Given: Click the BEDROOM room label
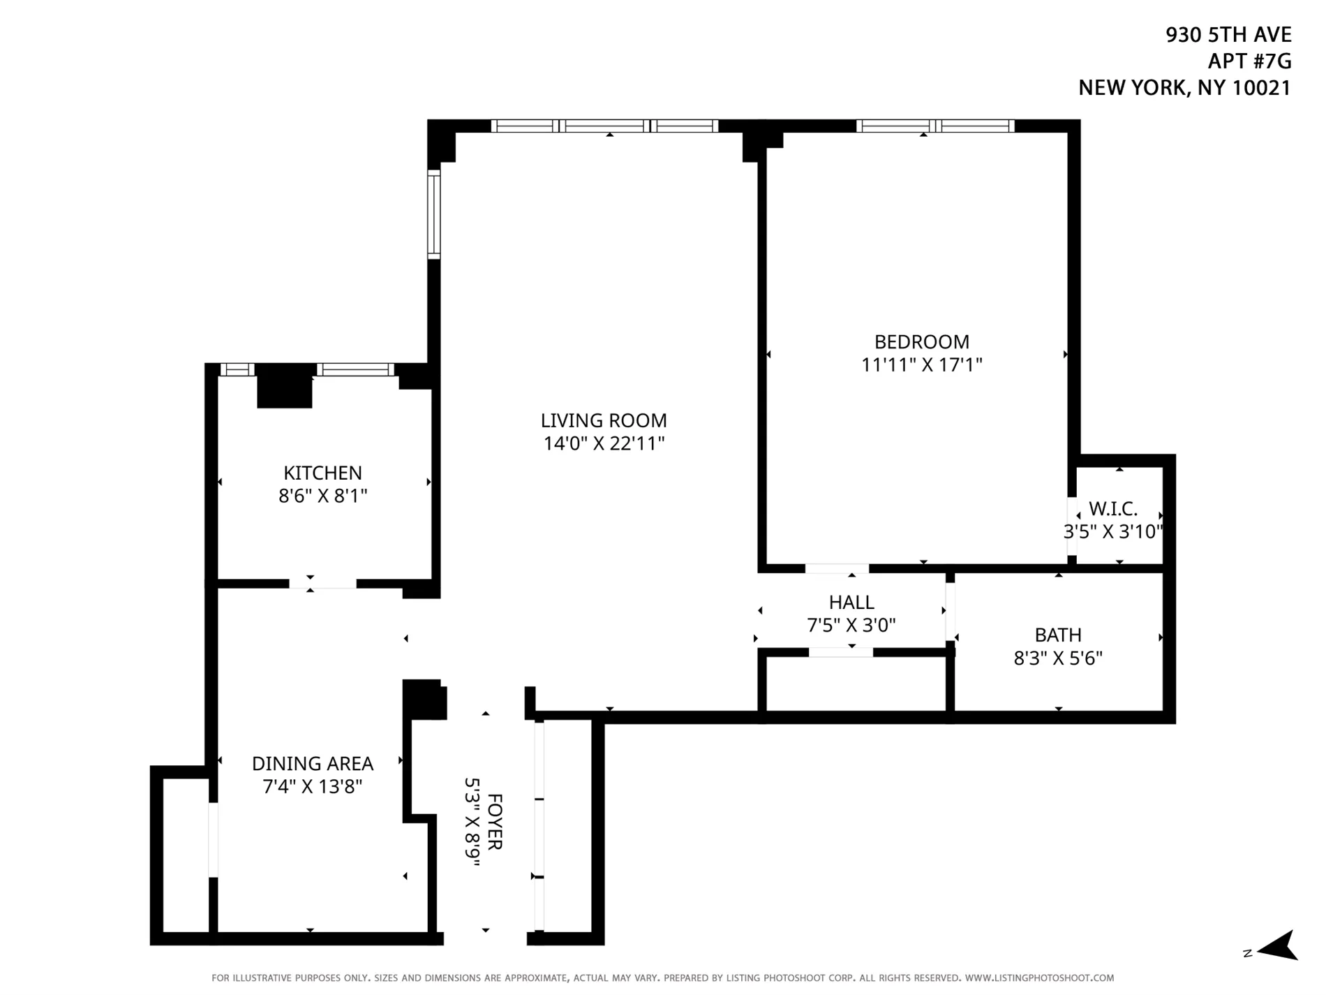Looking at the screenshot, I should (921, 342).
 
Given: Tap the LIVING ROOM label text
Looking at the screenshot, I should (604, 420).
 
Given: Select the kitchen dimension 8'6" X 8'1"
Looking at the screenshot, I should (322, 496).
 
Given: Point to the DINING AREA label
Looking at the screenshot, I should (312, 764).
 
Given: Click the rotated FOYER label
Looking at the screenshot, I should (494, 821).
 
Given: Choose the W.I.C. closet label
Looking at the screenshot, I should (1112, 509).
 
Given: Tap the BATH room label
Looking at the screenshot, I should (1058, 635).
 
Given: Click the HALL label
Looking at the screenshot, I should (851, 602).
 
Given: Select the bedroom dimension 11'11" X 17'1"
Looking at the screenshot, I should (921, 364).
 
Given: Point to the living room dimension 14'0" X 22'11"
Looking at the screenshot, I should (604, 443).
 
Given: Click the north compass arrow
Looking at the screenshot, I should (1276, 946).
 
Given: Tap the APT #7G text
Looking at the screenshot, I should (1249, 61).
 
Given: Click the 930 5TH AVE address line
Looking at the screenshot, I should (1228, 35).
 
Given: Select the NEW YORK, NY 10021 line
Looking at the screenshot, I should (1184, 88).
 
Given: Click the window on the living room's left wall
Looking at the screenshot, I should (434, 214).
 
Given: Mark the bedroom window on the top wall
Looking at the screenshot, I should (935, 126).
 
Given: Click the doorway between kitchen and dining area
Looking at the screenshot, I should (322, 584).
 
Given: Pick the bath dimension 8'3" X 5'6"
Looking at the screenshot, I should (1058, 658).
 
